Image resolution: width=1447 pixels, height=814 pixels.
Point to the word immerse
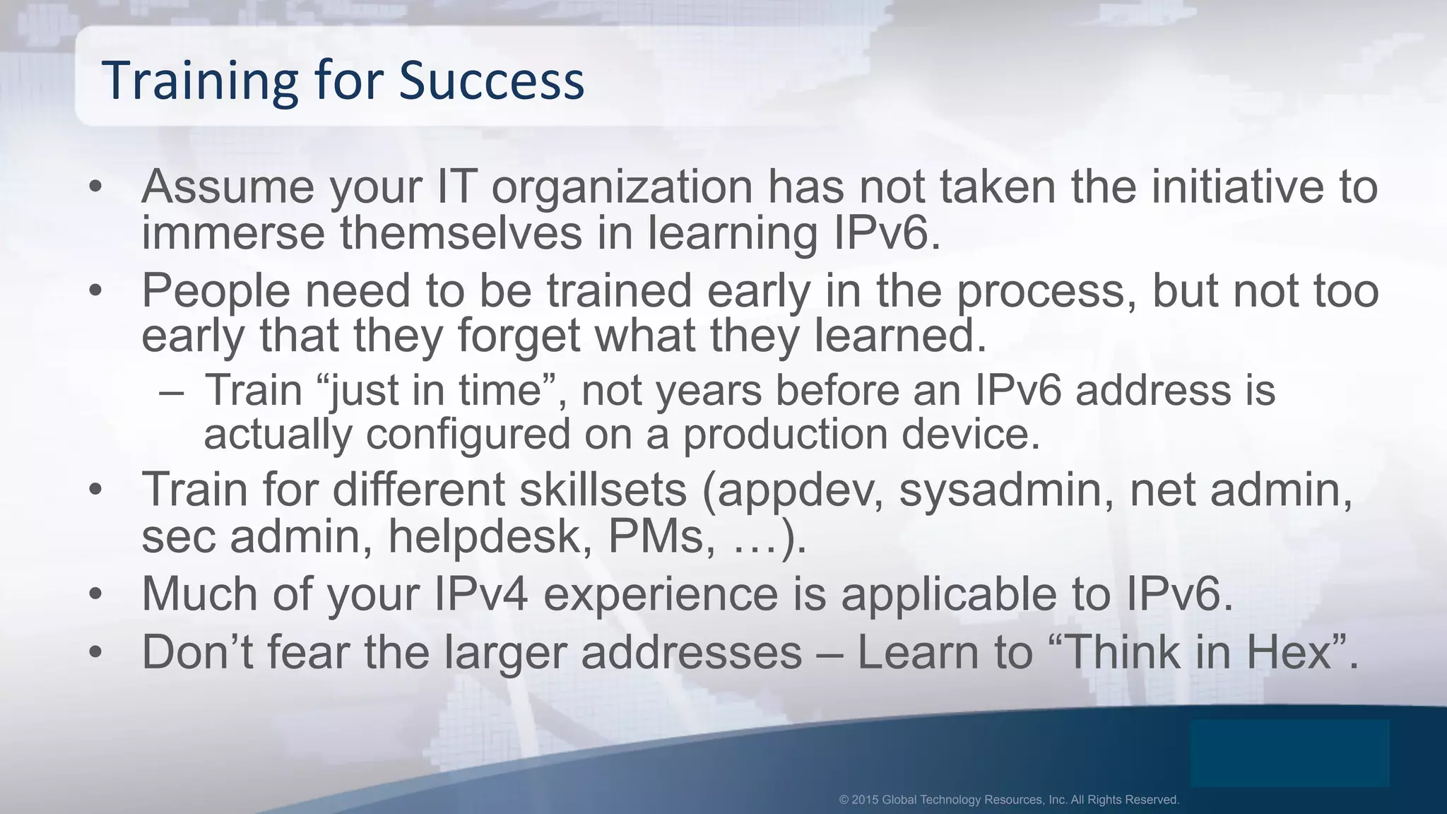233,233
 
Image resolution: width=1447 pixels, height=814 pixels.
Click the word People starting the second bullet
215,290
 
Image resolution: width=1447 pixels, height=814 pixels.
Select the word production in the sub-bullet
784,434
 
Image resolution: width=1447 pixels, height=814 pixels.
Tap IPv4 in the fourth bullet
480,594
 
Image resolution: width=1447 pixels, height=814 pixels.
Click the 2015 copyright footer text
1009,800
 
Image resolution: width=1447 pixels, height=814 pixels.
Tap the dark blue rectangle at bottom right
1289,753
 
